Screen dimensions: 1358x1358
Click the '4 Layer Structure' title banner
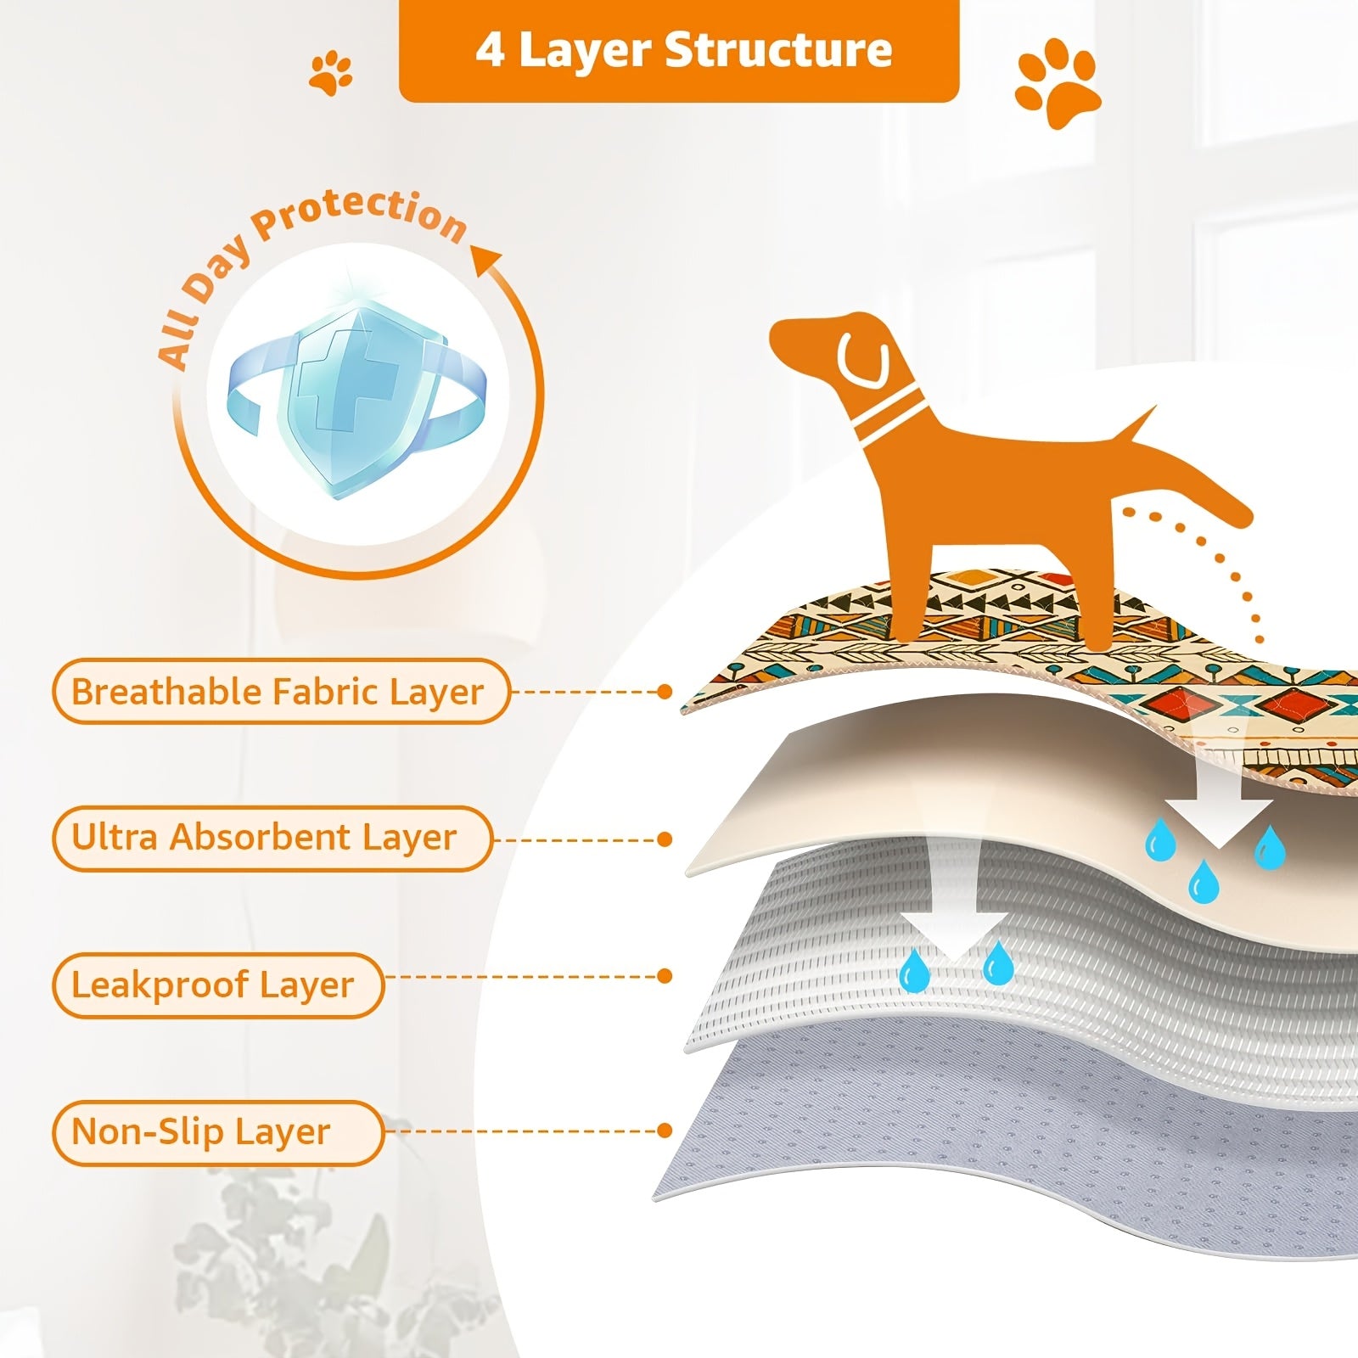tap(679, 50)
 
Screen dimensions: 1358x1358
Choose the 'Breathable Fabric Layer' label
tap(279, 692)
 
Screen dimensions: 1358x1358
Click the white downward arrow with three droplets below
tap(1219, 806)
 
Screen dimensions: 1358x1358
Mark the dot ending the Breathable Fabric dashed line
tap(665, 692)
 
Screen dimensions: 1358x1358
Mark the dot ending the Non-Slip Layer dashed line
tap(665, 1131)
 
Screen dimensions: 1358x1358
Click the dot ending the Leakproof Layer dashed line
tap(665, 976)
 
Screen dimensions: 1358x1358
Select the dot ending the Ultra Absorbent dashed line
tap(665, 839)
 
